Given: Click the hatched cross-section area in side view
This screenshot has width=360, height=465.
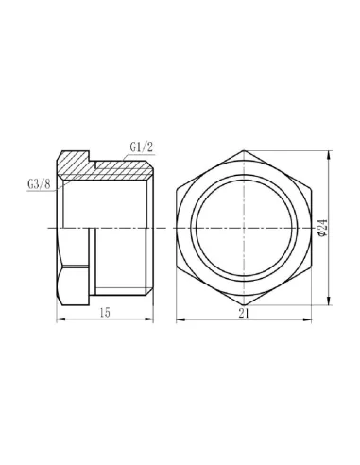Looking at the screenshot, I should tap(104, 168).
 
